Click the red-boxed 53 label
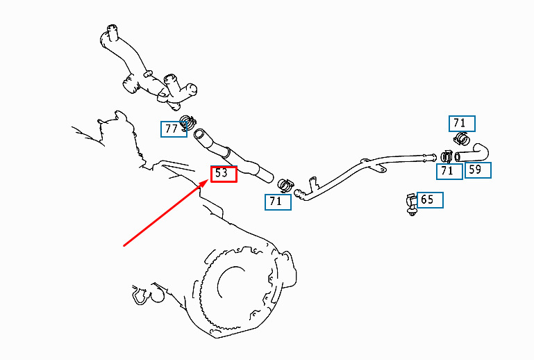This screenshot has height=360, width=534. tap(224, 174)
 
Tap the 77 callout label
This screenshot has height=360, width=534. tap(174, 129)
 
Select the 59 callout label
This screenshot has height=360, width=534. tap(478, 170)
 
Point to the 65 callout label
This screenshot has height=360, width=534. tap(430, 199)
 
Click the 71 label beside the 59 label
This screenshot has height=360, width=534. tap(449, 171)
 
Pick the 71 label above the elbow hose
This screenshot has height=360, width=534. tap(462, 124)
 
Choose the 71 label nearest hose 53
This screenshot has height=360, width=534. tap(278, 202)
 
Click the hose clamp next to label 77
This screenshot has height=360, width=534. tap(188, 122)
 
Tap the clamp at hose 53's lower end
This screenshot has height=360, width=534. tap(285, 185)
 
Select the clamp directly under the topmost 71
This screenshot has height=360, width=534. tap(462, 138)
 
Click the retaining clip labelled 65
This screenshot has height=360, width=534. tap(411, 204)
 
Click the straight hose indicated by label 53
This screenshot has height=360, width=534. tap(233, 156)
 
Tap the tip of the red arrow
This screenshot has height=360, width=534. tap(208, 180)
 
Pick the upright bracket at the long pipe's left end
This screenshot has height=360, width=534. tap(313, 184)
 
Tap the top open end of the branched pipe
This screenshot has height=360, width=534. tap(112, 28)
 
